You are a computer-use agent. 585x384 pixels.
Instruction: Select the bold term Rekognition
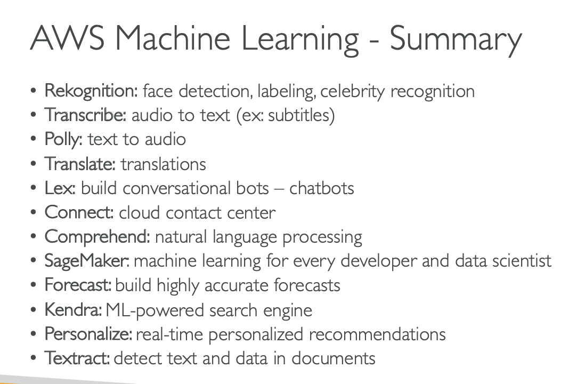click(x=91, y=91)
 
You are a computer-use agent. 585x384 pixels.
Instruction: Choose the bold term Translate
click(x=80, y=163)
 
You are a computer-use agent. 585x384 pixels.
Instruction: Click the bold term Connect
click(x=79, y=212)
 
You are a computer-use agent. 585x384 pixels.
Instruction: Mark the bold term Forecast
click(x=78, y=285)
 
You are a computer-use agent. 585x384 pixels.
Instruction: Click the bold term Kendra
click(x=72, y=309)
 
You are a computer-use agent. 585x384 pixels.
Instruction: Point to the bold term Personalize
click(x=88, y=334)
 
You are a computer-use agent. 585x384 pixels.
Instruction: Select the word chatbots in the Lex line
click(x=321, y=188)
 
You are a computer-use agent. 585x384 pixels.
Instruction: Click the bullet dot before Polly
click(x=34, y=140)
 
